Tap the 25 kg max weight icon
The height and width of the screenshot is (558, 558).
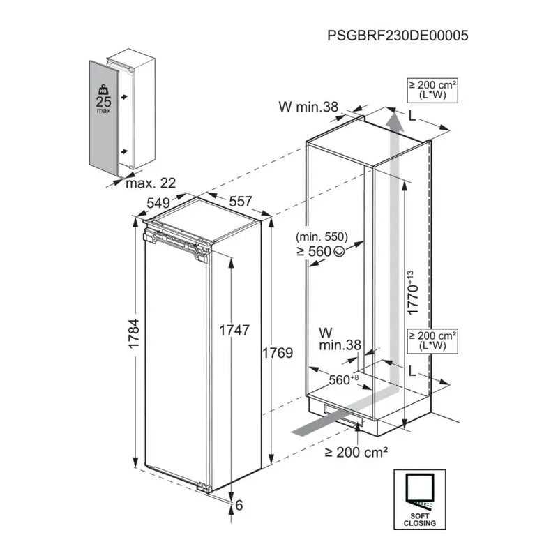coord(104,100)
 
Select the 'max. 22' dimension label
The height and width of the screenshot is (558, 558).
coord(150,183)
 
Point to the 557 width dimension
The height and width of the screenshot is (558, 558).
coord(240,201)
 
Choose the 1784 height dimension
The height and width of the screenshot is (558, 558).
coord(133,338)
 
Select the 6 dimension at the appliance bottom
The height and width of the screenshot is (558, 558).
coord(239,506)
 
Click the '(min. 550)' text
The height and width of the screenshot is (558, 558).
coord(322,236)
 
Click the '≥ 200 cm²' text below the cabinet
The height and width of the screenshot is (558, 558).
coord(356,453)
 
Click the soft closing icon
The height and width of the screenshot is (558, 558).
coord(419,497)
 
